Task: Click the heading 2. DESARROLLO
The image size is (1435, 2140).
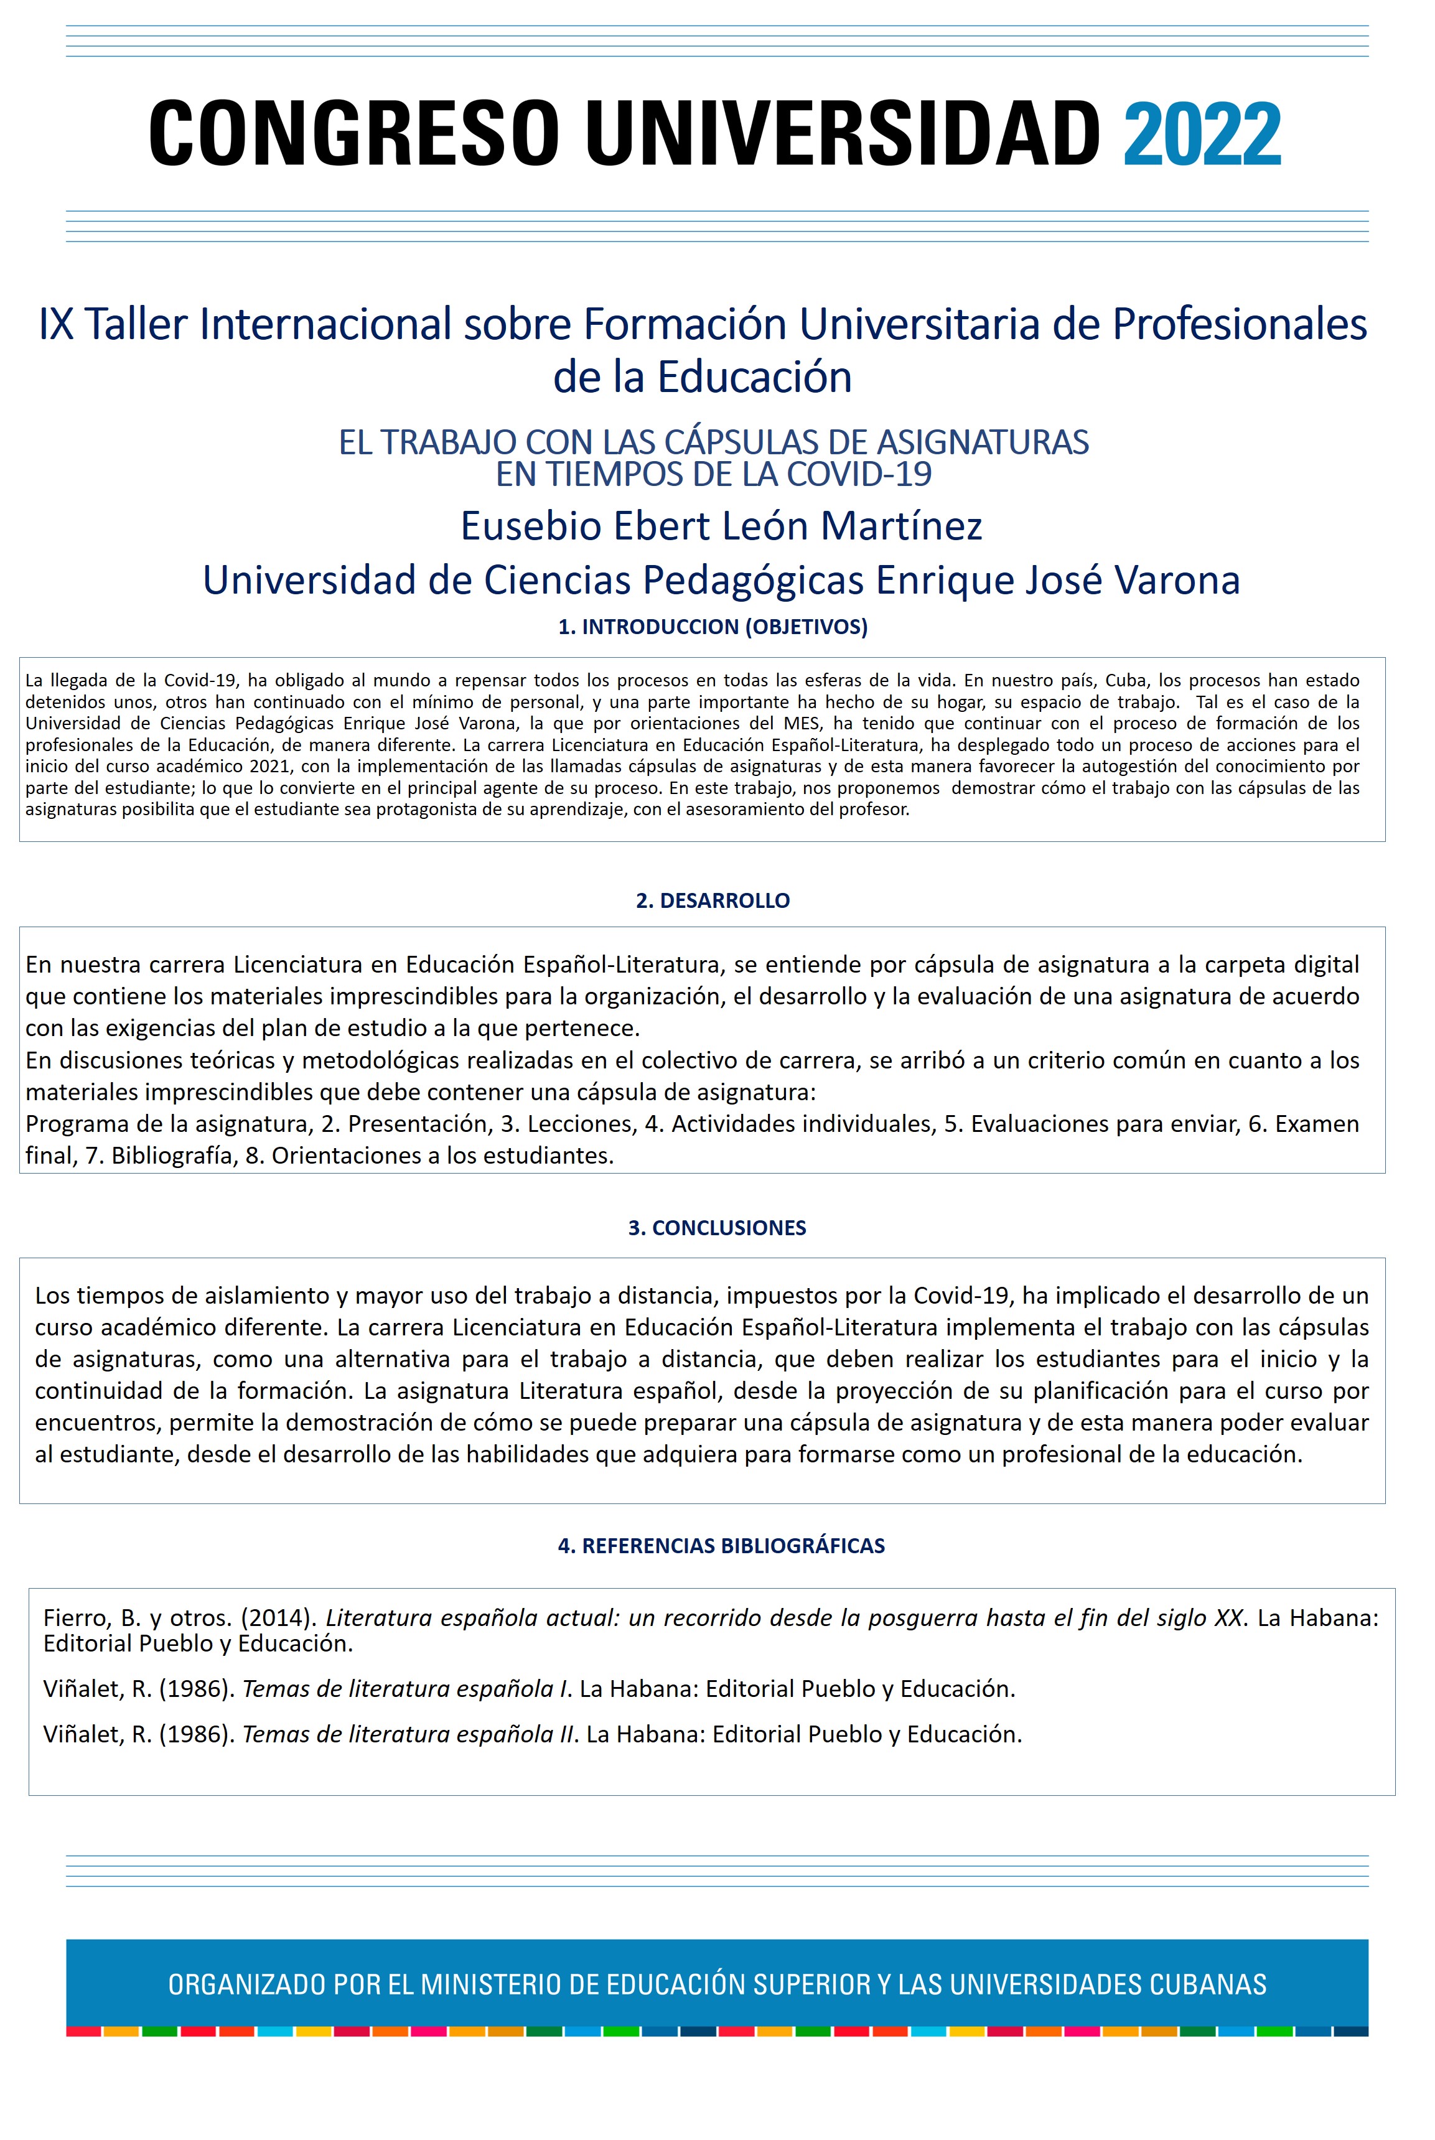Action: click(713, 900)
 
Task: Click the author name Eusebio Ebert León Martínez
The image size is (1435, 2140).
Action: click(721, 526)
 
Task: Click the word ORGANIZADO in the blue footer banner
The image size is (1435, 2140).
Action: click(246, 1984)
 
